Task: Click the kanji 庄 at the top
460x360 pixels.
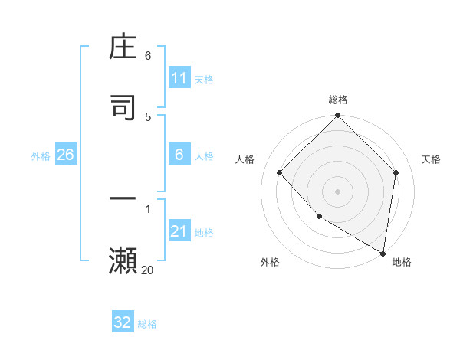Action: [x=123, y=49]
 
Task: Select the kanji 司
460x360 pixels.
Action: [x=123, y=107]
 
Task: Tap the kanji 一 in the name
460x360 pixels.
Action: [x=123, y=200]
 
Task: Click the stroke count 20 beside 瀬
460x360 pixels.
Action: [x=147, y=270]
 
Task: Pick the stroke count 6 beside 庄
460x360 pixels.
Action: [x=148, y=56]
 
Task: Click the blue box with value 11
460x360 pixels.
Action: [x=179, y=78]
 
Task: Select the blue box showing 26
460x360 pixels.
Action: [x=65, y=155]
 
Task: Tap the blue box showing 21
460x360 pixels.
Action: [x=179, y=231]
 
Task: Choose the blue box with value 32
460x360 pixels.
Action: [x=123, y=322]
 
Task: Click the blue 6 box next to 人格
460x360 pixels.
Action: [x=179, y=155]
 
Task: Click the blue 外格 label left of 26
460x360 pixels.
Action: [x=41, y=155]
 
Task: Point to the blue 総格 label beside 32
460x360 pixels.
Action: [x=147, y=323]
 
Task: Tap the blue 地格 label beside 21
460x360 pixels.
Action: [x=204, y=232]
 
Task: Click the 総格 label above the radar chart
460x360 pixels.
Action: [x=338, y=100]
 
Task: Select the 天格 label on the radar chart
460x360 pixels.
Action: [x=431, y=159]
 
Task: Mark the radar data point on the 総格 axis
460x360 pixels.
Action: [x=338, y=116]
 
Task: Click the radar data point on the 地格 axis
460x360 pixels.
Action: [x=383, y=253]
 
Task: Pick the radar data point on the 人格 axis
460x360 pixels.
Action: [x=280, y=172]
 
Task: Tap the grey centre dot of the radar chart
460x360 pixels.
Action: [x=338, y=191]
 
